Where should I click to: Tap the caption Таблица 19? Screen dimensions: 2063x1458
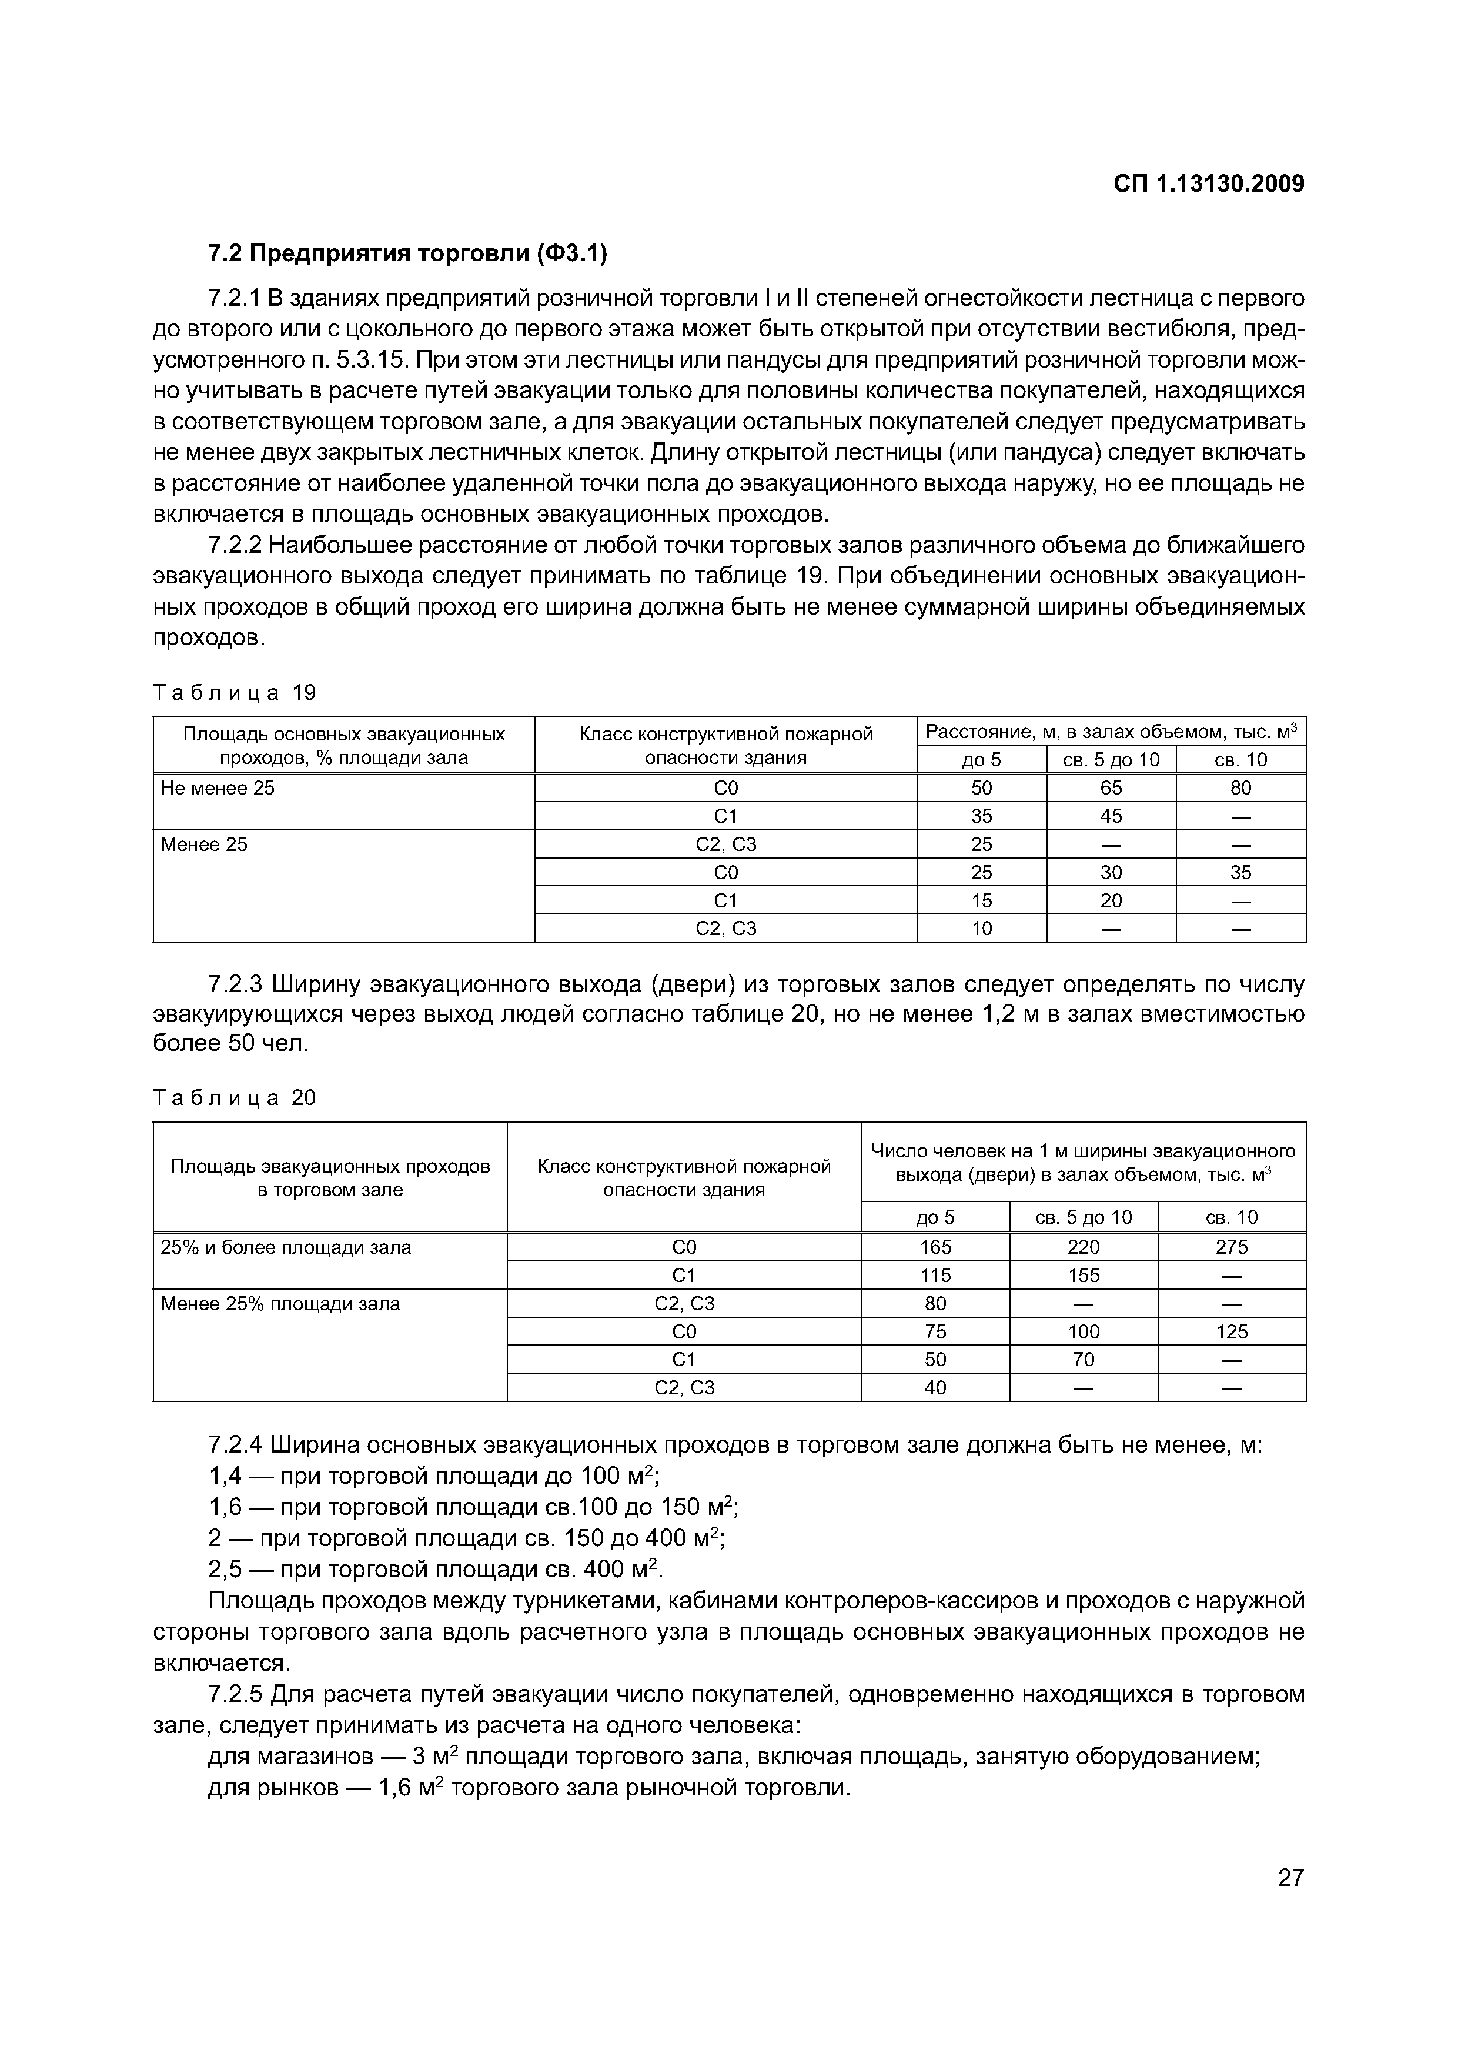[x=235, y=693]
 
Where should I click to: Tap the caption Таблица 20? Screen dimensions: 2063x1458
[x=235, y=1098]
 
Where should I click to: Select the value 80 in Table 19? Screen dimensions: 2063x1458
[x=1240, y=788]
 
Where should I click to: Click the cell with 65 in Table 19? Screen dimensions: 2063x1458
[x=1111, y=788]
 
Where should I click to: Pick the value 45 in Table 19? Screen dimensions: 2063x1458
[x=1111, y=816]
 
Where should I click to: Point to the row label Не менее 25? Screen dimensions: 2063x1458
[x=218, y=788]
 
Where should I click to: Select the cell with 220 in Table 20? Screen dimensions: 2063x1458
[x=1084, y=1247]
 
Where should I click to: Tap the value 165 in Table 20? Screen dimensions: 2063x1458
[x=935, y=1247]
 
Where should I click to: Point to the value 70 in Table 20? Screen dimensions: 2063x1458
[x=1084, y=1360]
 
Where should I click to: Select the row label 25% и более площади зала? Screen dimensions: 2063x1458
[x=286, y=1247]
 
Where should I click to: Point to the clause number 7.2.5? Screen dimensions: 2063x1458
[x=235, y=1695]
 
